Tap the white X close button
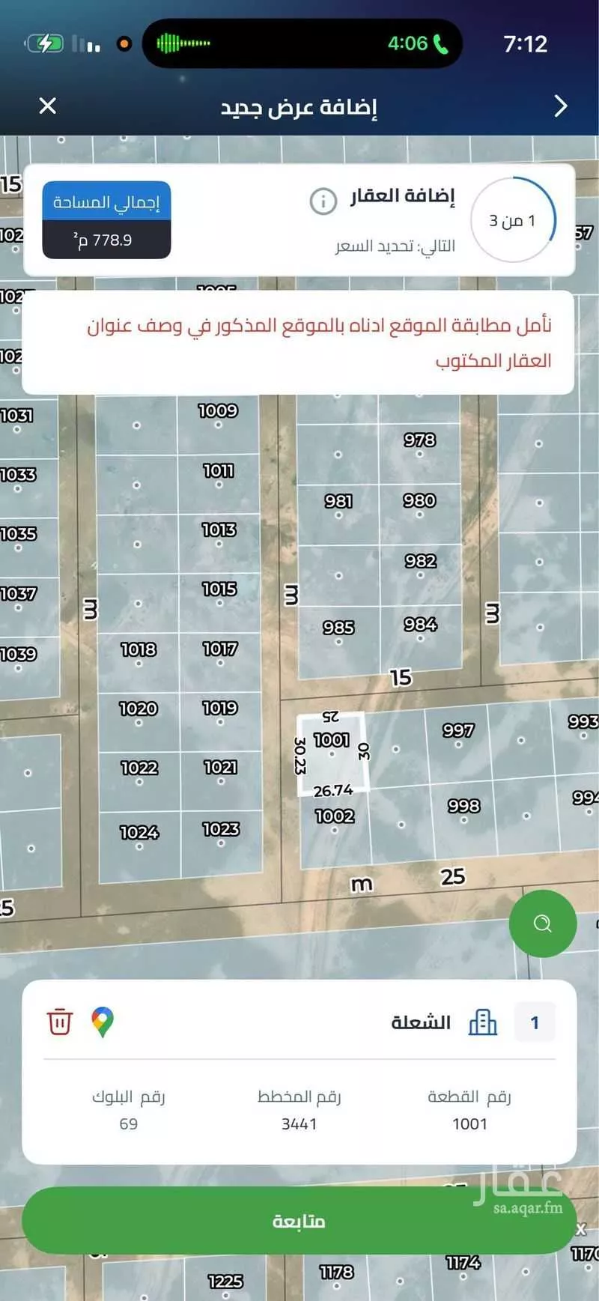click(x=47, y=106)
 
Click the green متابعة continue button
click(x=299, y=1221)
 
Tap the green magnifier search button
click(x=542, y=924)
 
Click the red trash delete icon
click(x=60, y=1022)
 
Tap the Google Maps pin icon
click(x=103, y=1022)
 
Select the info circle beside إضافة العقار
click(x=323, y=201)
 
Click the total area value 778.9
click(x=106, y=240)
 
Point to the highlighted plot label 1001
click(x=332, y=740)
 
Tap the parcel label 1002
click(x=335, y=816)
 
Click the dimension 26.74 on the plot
click(x=333, y=790)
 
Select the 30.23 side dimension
click(x=300, y=755)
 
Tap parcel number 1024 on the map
click(x=139, y=831)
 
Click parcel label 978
click(x=419, y=440)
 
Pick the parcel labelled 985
click(x=338, y=627)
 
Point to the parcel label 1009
click(x=218, y=410)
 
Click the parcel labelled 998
click(x=463, y=805)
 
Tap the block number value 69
click(x=129, y=1123)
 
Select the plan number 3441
click(x=299, y=1123)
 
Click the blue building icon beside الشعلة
click(x=483, y=1022)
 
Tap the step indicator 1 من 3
click(x=513, y=220)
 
